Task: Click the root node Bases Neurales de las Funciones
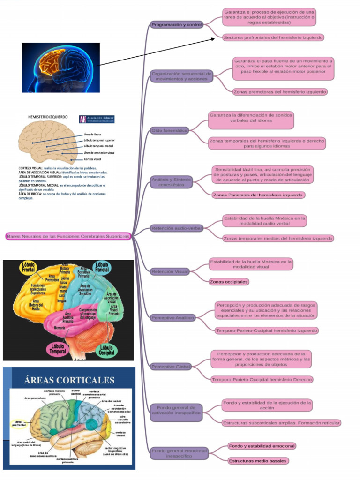68,236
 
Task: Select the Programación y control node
177,24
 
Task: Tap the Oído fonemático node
169,130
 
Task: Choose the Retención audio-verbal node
176,228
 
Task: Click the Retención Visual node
169,271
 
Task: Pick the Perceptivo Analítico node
172,318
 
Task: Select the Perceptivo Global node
170,366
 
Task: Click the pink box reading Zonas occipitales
229,282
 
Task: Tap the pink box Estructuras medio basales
257,461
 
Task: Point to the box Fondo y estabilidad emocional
262,445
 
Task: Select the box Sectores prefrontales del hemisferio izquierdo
273,37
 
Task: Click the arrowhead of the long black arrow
213,39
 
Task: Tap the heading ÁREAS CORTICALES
69,380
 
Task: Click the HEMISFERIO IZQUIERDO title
48,116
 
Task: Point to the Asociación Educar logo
97,119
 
